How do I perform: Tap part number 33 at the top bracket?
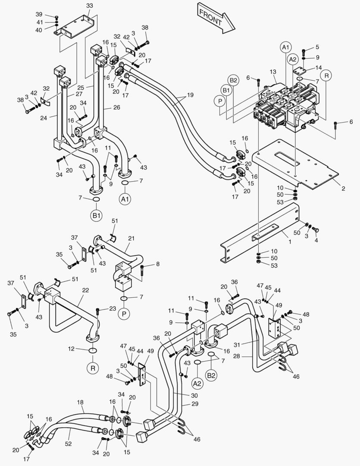(x=89, y=6)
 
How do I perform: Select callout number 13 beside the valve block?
(x=272, y=71)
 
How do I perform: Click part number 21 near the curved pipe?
(x=131, y=238)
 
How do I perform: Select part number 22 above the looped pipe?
(x=85, y=290)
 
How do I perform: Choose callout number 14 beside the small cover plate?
(x=319, y=67)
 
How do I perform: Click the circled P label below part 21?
(x=124, y=314)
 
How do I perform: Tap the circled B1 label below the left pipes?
(x=95, y=215)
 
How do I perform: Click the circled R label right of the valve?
(x=326, y=76)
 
